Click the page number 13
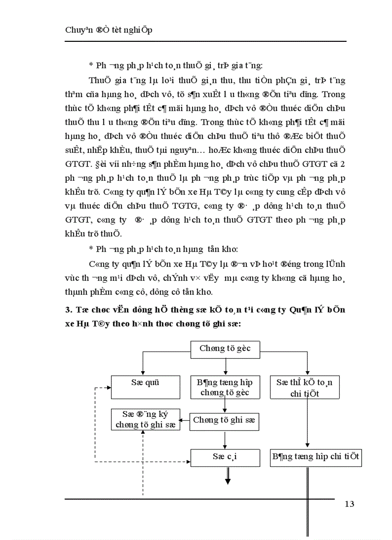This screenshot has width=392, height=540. tap(349, 504)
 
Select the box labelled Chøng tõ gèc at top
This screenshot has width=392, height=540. tap(225, 349)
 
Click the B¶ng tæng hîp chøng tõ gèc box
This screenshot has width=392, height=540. tap(225, 387)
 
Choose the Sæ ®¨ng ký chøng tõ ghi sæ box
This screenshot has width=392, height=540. tap(145, 419)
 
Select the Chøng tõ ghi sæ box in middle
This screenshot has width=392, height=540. tap(224, 420)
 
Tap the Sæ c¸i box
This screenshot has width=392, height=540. tap(225, 457)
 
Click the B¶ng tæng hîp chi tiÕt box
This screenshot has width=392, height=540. tap(315, 457)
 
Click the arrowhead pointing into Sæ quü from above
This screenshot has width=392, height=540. tap(142, 372)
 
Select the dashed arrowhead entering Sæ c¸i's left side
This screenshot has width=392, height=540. tap(188, 462)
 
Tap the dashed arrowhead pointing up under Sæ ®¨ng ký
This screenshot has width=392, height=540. tap(143, 432)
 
